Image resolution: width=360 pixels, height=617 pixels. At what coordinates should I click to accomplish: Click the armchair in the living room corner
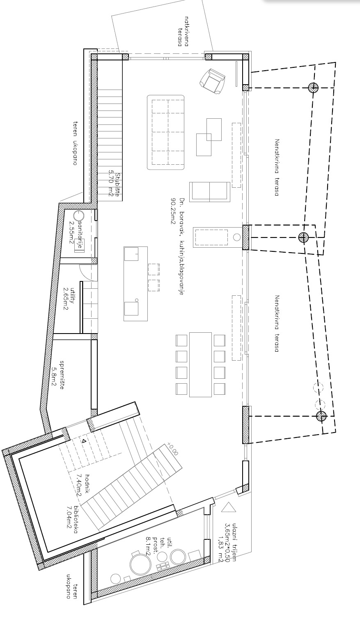click(212, 81)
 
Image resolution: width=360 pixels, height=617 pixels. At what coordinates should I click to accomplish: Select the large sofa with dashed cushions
click(166, 132)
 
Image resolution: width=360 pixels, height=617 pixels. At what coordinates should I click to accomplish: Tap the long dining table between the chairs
click(200, 365)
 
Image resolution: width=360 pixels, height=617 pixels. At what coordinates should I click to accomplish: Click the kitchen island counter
click(135, 283)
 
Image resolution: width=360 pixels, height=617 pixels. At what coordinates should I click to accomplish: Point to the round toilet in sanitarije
click(78, 215)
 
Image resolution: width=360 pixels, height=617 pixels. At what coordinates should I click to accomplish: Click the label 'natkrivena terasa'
click(183, 32)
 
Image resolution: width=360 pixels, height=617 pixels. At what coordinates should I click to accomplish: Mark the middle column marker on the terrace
click(303, 237)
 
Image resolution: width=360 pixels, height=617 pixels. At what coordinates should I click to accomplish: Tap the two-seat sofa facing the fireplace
click(209, 192)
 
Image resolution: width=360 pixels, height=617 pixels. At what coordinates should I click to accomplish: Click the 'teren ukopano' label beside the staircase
click(76, 143)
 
